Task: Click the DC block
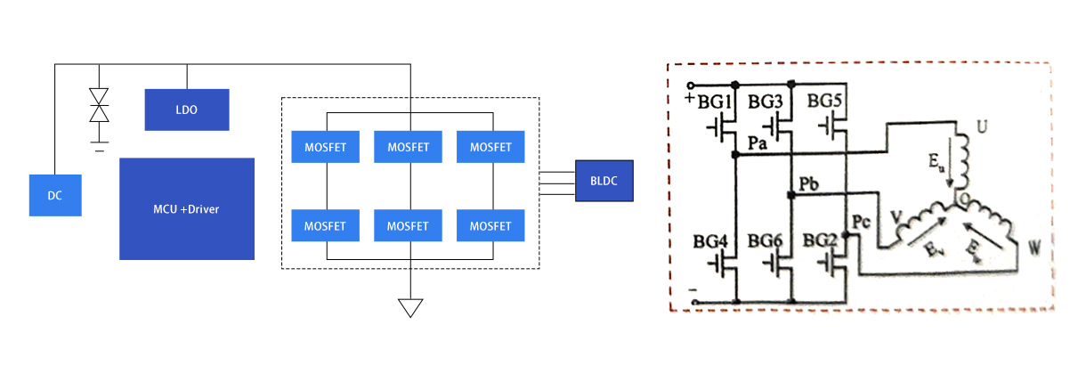pyautogui.click(x=55, y=195)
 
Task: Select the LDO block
pyautogui.click(x=187, y=110)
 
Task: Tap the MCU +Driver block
pyautogui.click(x=187, y=209)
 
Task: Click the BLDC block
pyautogui.click(x=604, y=181)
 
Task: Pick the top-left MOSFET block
pyautogui.click(x=325, y=147)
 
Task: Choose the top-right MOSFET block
pyautogui.click(x=490, y=147)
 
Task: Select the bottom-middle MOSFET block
pyautogui.click(x=408, y=225)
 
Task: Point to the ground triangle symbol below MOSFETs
pyautogui.click(x=409, y=308)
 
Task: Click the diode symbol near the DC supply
pyautogui.click(x=99, y=104)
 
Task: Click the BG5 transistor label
pyautogui.click(x=825, y=102)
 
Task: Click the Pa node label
pyautogui.click(x=758, y=142)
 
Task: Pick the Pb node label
pyautogui.click(x=810, y=184)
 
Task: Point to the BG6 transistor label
pyautogui.click(x=766, y=241)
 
